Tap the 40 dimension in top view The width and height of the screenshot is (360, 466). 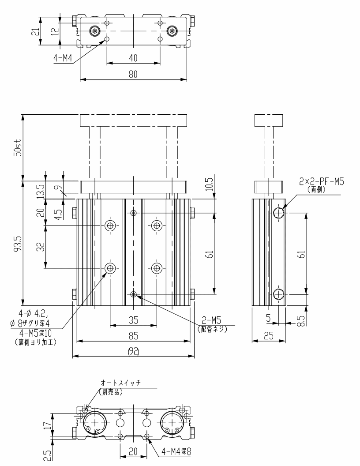(x=133, y=58)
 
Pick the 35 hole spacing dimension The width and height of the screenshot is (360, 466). (x=133, y=320)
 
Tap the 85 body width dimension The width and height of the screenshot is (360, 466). (x=133, y=336)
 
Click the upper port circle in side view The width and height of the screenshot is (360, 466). (x=279, y=213)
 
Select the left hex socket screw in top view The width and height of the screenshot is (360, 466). (x=95, y=31)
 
